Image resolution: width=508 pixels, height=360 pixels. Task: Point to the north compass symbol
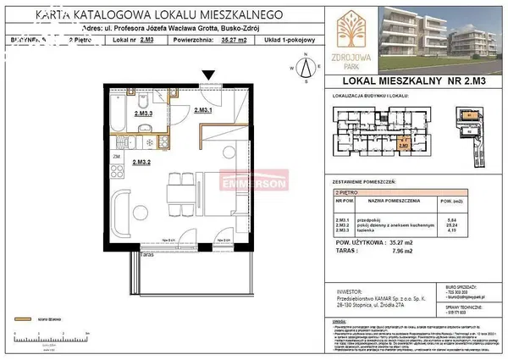pyautogui.click(x=304, y=65)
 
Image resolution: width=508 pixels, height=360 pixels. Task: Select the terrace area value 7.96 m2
pyautogui.click(x=397, y=249)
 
